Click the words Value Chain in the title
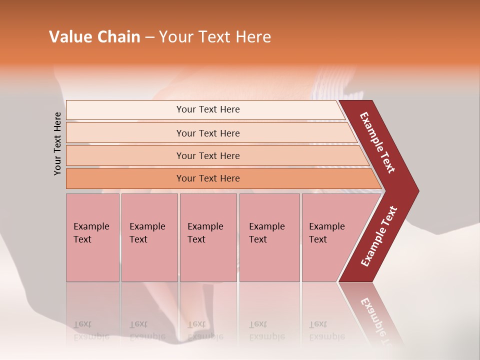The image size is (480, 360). pos(94,37)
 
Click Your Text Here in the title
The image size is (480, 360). pos(215,37)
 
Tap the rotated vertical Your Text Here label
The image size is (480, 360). pos(57,143)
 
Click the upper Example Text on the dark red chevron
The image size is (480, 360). pos(377,142)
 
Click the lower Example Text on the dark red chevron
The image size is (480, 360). pos(379,236)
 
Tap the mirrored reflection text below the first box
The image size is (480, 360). pos(91,330)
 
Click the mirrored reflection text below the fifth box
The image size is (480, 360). pos(326,330)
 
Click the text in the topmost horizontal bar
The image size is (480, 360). pos(208,109)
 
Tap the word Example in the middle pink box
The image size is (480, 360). pos(205,226)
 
